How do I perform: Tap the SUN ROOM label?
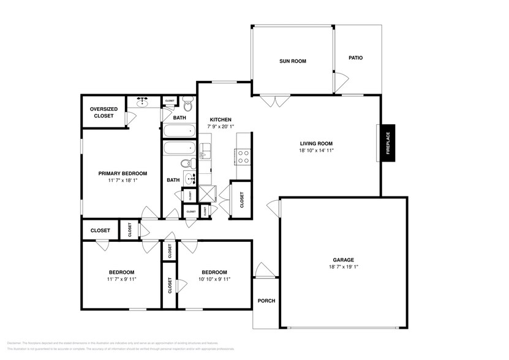(292, 61)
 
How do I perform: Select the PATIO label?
(355, 58)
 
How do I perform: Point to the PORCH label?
(266, 301)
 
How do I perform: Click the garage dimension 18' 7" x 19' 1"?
(343, 267)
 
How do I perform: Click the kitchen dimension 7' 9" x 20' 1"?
(221, 126)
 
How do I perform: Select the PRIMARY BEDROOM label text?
(119, 173)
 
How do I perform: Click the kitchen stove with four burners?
(243, 156)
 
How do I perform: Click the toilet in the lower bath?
(186, 163)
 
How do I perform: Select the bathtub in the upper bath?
(178, 130)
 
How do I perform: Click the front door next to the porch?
(265, 269)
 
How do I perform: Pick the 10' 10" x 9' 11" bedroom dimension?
(214, 279)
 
